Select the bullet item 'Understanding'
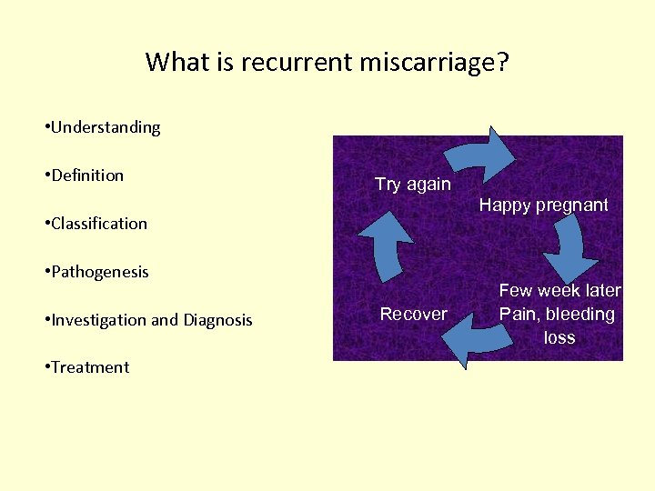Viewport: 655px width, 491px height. tap(106, 127)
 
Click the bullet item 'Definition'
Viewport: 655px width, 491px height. tap(87, 175)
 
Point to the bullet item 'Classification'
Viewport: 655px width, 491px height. tap(99, 224)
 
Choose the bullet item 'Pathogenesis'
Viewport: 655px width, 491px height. tap(100, 272)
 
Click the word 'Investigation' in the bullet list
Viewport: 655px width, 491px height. tap(96, 320)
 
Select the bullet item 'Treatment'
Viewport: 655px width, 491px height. tap(90, 367)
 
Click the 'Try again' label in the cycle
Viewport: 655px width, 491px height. tap(413, 184)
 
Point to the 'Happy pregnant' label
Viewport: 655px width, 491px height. tap(544, 205)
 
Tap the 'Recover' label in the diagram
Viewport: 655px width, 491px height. tap(413, 314)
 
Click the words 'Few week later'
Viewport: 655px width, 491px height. tap(559, 291)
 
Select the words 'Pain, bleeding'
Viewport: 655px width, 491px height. tap(557, 315)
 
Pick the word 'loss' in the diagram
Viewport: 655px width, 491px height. tap(559, 337)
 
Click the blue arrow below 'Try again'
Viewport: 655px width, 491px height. tap(386, 240)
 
